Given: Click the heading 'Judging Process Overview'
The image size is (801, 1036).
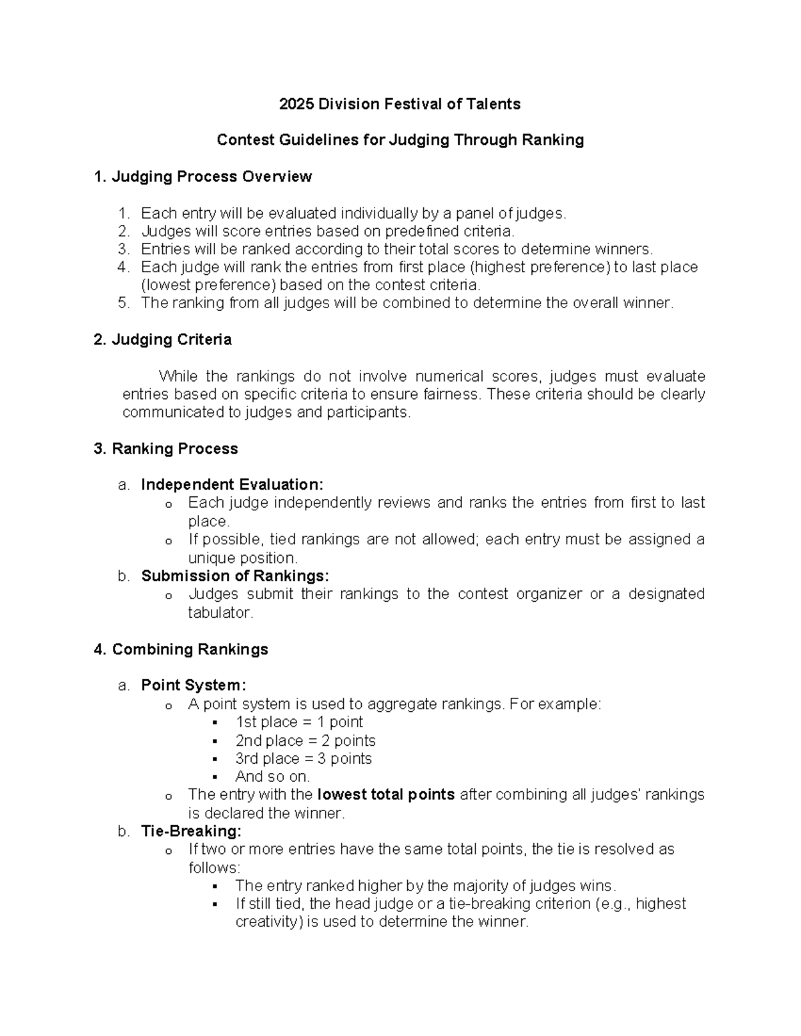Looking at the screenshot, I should tap(211, 177).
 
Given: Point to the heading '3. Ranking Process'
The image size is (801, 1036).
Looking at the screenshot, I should tap(166, 449).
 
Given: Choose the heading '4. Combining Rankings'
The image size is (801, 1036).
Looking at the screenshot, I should tap(181, 649).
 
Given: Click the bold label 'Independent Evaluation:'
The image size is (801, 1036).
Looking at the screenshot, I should tap(232, 484).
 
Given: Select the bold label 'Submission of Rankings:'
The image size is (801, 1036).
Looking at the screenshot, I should tap(235, 576).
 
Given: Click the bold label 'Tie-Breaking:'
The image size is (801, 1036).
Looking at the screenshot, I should tap(191, 831).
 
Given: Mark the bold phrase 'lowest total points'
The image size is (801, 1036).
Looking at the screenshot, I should tap(386, 795).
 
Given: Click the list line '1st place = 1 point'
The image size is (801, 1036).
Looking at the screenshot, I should tap(298, 722).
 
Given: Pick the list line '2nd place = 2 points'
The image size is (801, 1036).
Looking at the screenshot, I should tap(305, 740).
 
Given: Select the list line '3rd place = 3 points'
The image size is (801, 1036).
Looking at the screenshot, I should tap(303, 758).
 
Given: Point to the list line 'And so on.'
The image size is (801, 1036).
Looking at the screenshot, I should tap(272, 776).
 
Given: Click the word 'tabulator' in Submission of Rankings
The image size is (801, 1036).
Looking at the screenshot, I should tap(220, 612).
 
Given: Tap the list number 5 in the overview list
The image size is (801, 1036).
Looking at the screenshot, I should tap(122, 303).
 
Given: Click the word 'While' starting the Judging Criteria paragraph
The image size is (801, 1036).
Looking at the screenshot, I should tap(178, 376).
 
